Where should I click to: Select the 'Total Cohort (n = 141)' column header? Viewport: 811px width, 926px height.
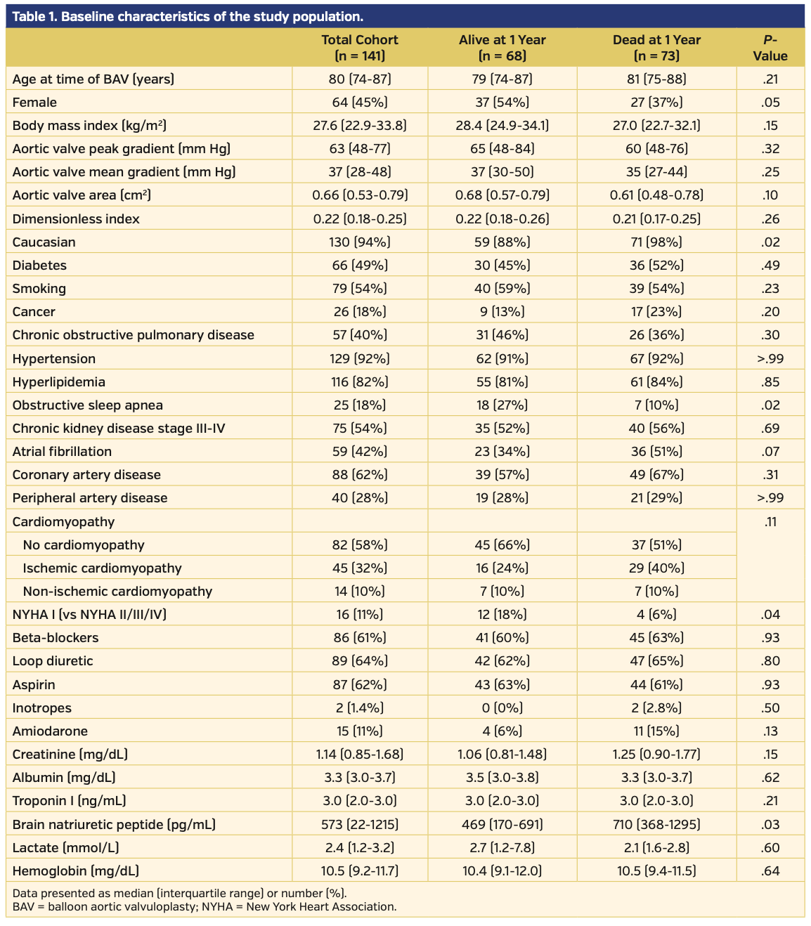359,48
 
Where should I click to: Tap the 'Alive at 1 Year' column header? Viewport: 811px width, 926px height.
502,48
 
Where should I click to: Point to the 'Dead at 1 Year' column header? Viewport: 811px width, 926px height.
656,48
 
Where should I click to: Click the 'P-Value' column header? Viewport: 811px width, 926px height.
770,48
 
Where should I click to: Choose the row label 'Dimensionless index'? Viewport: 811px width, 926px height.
76,219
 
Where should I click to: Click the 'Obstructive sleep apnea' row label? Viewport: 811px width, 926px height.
88,405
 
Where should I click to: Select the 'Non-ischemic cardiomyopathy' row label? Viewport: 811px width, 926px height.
117,592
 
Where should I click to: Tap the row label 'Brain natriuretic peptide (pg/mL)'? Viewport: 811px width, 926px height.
114,825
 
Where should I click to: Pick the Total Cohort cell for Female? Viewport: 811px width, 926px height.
359,103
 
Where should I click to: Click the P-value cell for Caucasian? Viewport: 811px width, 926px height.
770,242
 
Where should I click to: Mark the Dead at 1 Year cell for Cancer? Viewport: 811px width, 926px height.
656,312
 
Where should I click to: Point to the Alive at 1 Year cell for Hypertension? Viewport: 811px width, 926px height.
502,359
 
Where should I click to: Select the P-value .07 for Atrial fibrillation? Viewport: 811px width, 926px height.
770,452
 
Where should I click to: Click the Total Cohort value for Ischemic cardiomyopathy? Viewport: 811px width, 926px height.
359,568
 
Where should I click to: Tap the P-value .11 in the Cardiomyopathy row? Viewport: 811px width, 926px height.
770,522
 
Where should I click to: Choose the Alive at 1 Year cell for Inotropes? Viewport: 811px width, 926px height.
502,708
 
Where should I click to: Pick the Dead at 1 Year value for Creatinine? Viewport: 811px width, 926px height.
656,755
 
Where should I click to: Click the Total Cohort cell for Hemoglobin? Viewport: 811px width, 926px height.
359,871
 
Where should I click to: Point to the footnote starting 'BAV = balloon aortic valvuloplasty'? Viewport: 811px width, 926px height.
205,907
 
